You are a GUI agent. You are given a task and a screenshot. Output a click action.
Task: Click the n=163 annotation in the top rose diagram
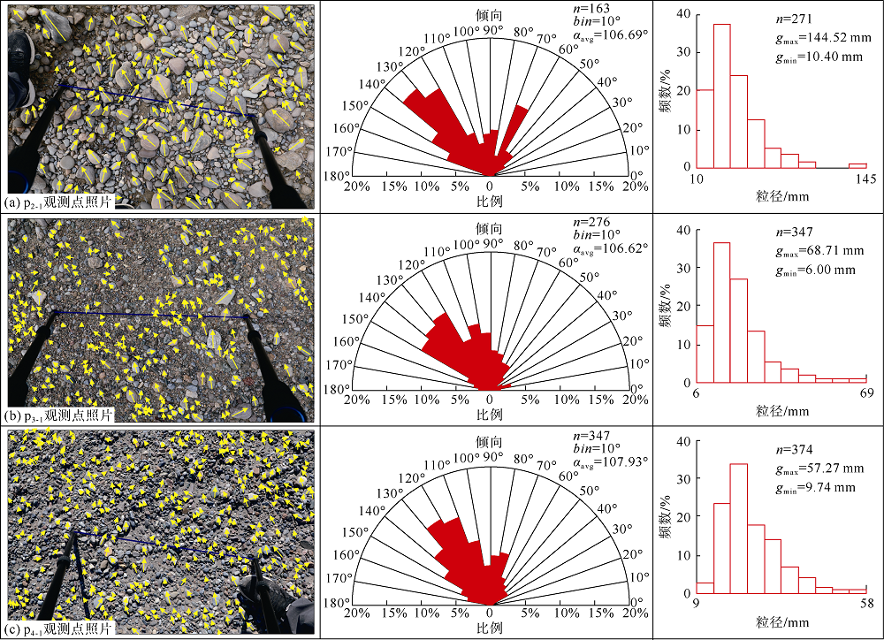click(592, 8)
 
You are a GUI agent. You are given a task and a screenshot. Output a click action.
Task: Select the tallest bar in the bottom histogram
click(739, 528)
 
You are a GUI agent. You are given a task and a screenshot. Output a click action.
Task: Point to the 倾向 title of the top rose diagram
click(489, 15)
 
